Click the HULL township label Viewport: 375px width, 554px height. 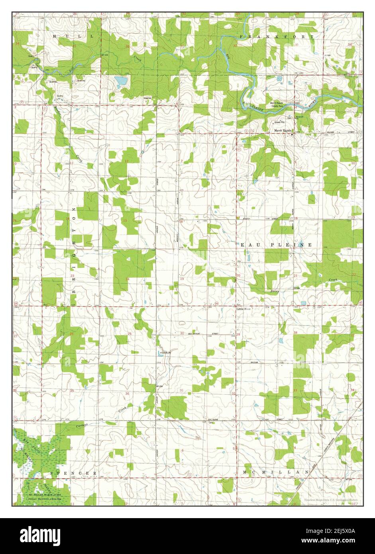(x=73, y=36)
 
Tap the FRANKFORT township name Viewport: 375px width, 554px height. (x=277, y=37)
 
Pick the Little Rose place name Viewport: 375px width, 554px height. (x=243, y=309)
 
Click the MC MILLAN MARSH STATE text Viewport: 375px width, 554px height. (x=44, y=495)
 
